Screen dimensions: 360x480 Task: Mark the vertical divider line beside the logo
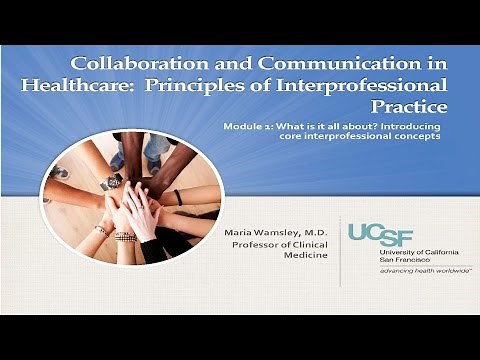click(337, 250)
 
